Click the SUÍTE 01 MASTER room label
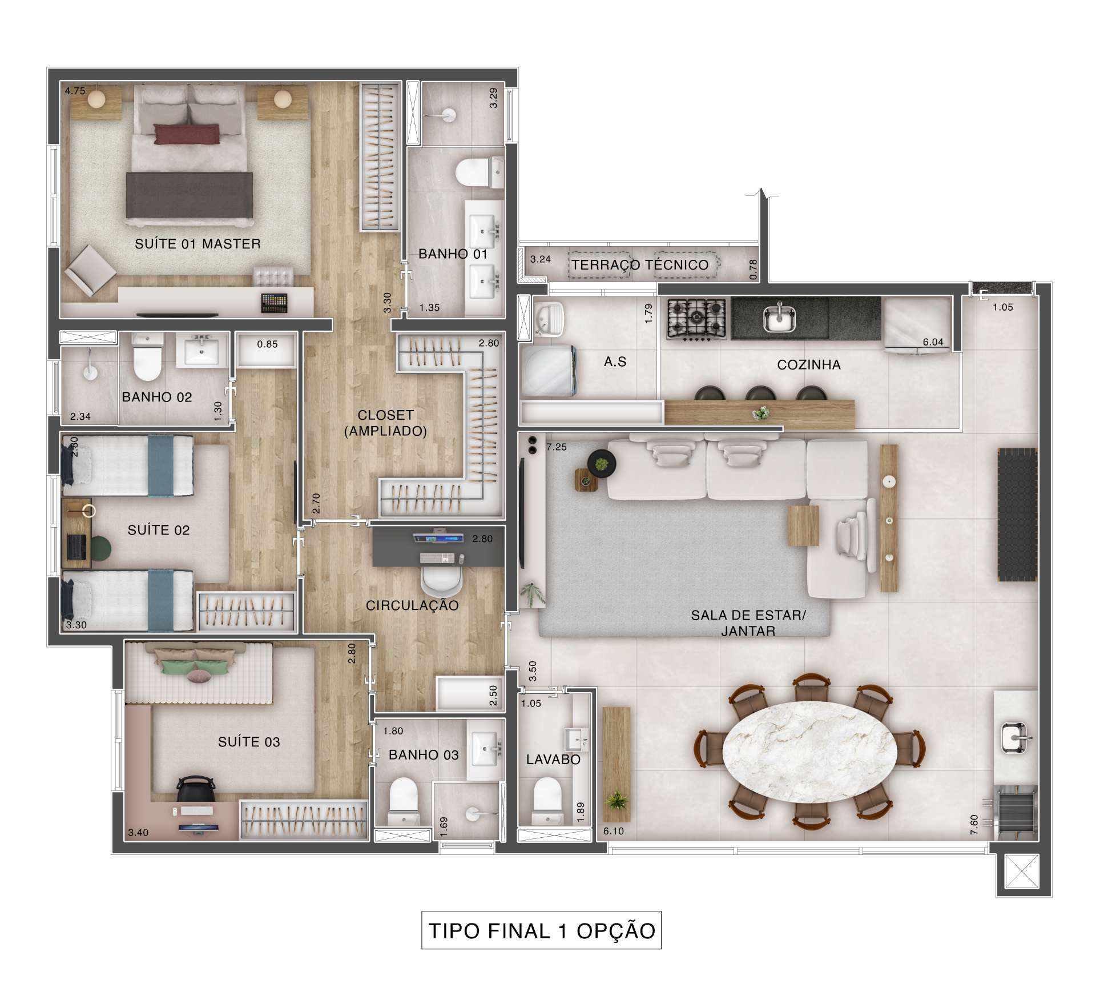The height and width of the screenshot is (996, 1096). coord(198,244)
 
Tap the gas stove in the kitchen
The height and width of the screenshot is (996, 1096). coord(696,318)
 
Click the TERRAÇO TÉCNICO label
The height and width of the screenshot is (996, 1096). coord(640,264)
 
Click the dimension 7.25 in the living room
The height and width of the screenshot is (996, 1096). coord(557,447)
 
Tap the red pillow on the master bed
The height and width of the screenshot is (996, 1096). coord(186,134)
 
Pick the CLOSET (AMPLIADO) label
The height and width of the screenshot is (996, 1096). coord(386,423)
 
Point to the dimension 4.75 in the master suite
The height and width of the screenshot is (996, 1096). coord(75,90)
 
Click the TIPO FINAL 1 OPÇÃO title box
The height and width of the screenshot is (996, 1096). coord(541,930)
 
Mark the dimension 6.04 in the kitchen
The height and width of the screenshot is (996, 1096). coord(933,342)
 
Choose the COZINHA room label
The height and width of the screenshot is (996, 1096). coord(809,365)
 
